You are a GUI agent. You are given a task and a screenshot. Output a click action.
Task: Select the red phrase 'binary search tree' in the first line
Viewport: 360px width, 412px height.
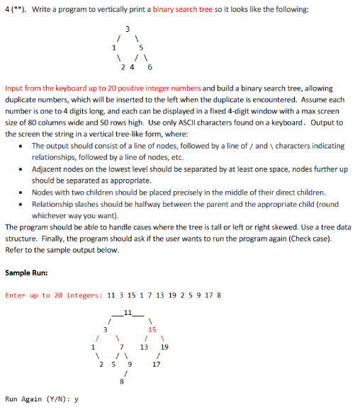click(189, 9)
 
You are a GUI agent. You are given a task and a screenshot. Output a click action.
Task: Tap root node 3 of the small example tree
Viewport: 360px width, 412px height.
click(127, 28)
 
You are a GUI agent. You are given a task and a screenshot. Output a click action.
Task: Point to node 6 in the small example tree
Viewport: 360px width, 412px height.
click(149, 68)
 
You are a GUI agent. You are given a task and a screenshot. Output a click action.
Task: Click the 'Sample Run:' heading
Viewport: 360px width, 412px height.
click(27, 272)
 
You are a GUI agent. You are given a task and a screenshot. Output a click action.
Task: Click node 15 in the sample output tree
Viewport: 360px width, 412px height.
click(152, 328)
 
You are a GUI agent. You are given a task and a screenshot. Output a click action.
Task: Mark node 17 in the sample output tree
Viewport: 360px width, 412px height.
click(157, 365)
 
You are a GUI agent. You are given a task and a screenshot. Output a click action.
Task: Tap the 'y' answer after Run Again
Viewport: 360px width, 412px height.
click(76, 400)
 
